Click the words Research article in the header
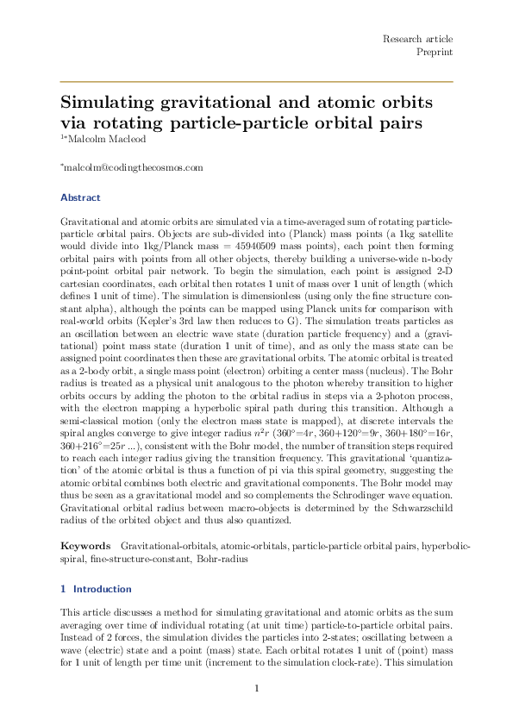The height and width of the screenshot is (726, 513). coord(417,40)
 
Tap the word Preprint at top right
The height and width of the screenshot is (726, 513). coord(435,53)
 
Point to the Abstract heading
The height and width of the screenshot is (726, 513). coord(80,197)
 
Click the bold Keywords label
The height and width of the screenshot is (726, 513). coord(85,547)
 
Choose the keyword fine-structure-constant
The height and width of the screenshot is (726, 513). coord(134,559)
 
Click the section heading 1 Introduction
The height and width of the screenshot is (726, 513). coord(96,589)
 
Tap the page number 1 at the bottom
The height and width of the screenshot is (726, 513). coord(256,687)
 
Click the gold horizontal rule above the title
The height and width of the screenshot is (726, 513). coord(256,81)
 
